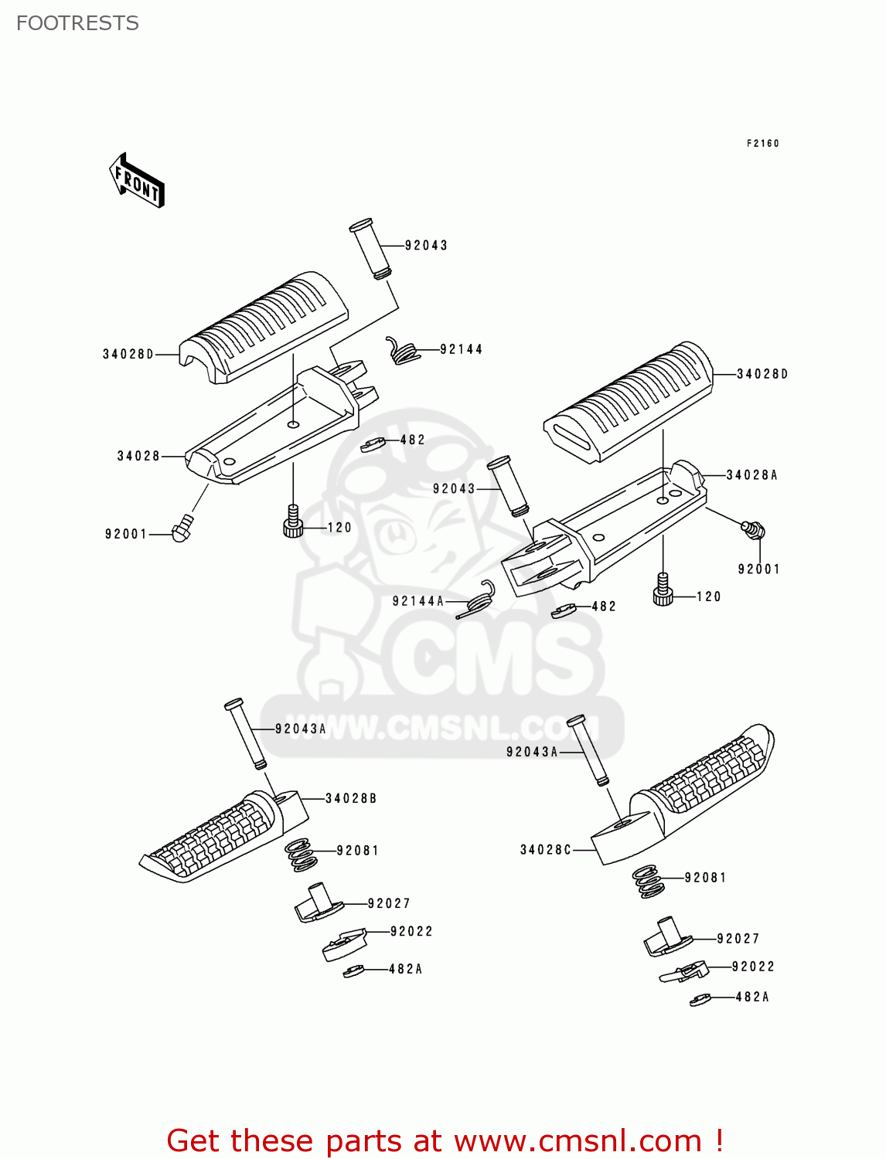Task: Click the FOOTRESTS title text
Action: tap(77, 23)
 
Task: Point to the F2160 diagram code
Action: tap(762, 143)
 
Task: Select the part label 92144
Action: tap(461, 349)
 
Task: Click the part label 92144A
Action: tap(417, 601)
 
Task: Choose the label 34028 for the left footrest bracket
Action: tap(138, 456)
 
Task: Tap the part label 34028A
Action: tap(751, 475)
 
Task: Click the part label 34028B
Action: tap(351, 798)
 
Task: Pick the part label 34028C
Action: tap(545, 850)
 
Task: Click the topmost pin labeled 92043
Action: tap(372, 249)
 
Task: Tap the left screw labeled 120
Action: tap(292, 521)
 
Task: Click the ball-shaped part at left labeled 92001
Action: tap(182, 531)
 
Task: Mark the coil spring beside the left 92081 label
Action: tap(302, 855)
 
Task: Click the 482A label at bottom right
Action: tap(751, 997)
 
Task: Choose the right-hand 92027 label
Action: tap(738, 939)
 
